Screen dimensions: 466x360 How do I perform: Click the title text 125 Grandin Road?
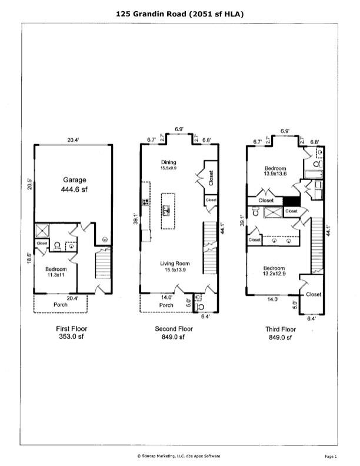(179, 13)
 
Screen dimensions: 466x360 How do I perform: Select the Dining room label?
(169, 162)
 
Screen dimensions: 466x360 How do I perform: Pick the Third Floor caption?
(280, 329)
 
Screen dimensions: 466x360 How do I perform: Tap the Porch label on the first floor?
(61, 305)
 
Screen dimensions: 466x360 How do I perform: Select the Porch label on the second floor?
(166, 305)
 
